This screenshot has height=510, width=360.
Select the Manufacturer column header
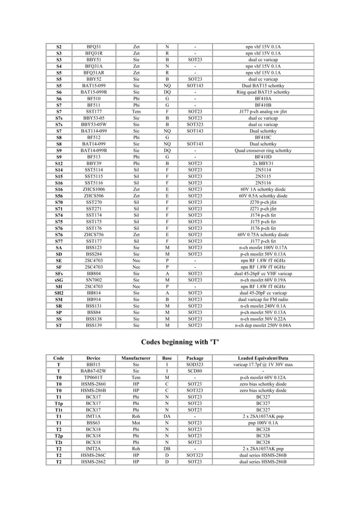pyautogui.click(x=135, y=358)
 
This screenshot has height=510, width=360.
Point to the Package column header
pyautogui.click(x=195, y=358)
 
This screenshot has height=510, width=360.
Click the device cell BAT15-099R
pyautogui.click(x=94, y=91)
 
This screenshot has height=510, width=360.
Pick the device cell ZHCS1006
pyautogui.click(x=94, y=189)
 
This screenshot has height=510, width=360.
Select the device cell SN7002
pyautogui.click(x=94, y=280)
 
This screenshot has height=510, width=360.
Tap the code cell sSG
pyautogui.click(x=59, y=280)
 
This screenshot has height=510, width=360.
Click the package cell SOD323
pyautogui.click(x=195, y=365)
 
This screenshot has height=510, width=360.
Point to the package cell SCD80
pyautogui.click(x=195, y=371)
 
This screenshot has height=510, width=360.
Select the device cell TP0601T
pyautogui.click(x=94, y=378)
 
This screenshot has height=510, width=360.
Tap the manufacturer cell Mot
pyautogui.click(x=135, y=423)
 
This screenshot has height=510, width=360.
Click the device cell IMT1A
pyautogui.click(x=94, y=417)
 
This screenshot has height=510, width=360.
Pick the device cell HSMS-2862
pyautogui.click(x=94, y=462)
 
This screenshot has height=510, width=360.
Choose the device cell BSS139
pyautogui.click(x=94, y=325)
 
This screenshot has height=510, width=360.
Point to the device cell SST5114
pyautogui.click(x=94, y=169)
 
